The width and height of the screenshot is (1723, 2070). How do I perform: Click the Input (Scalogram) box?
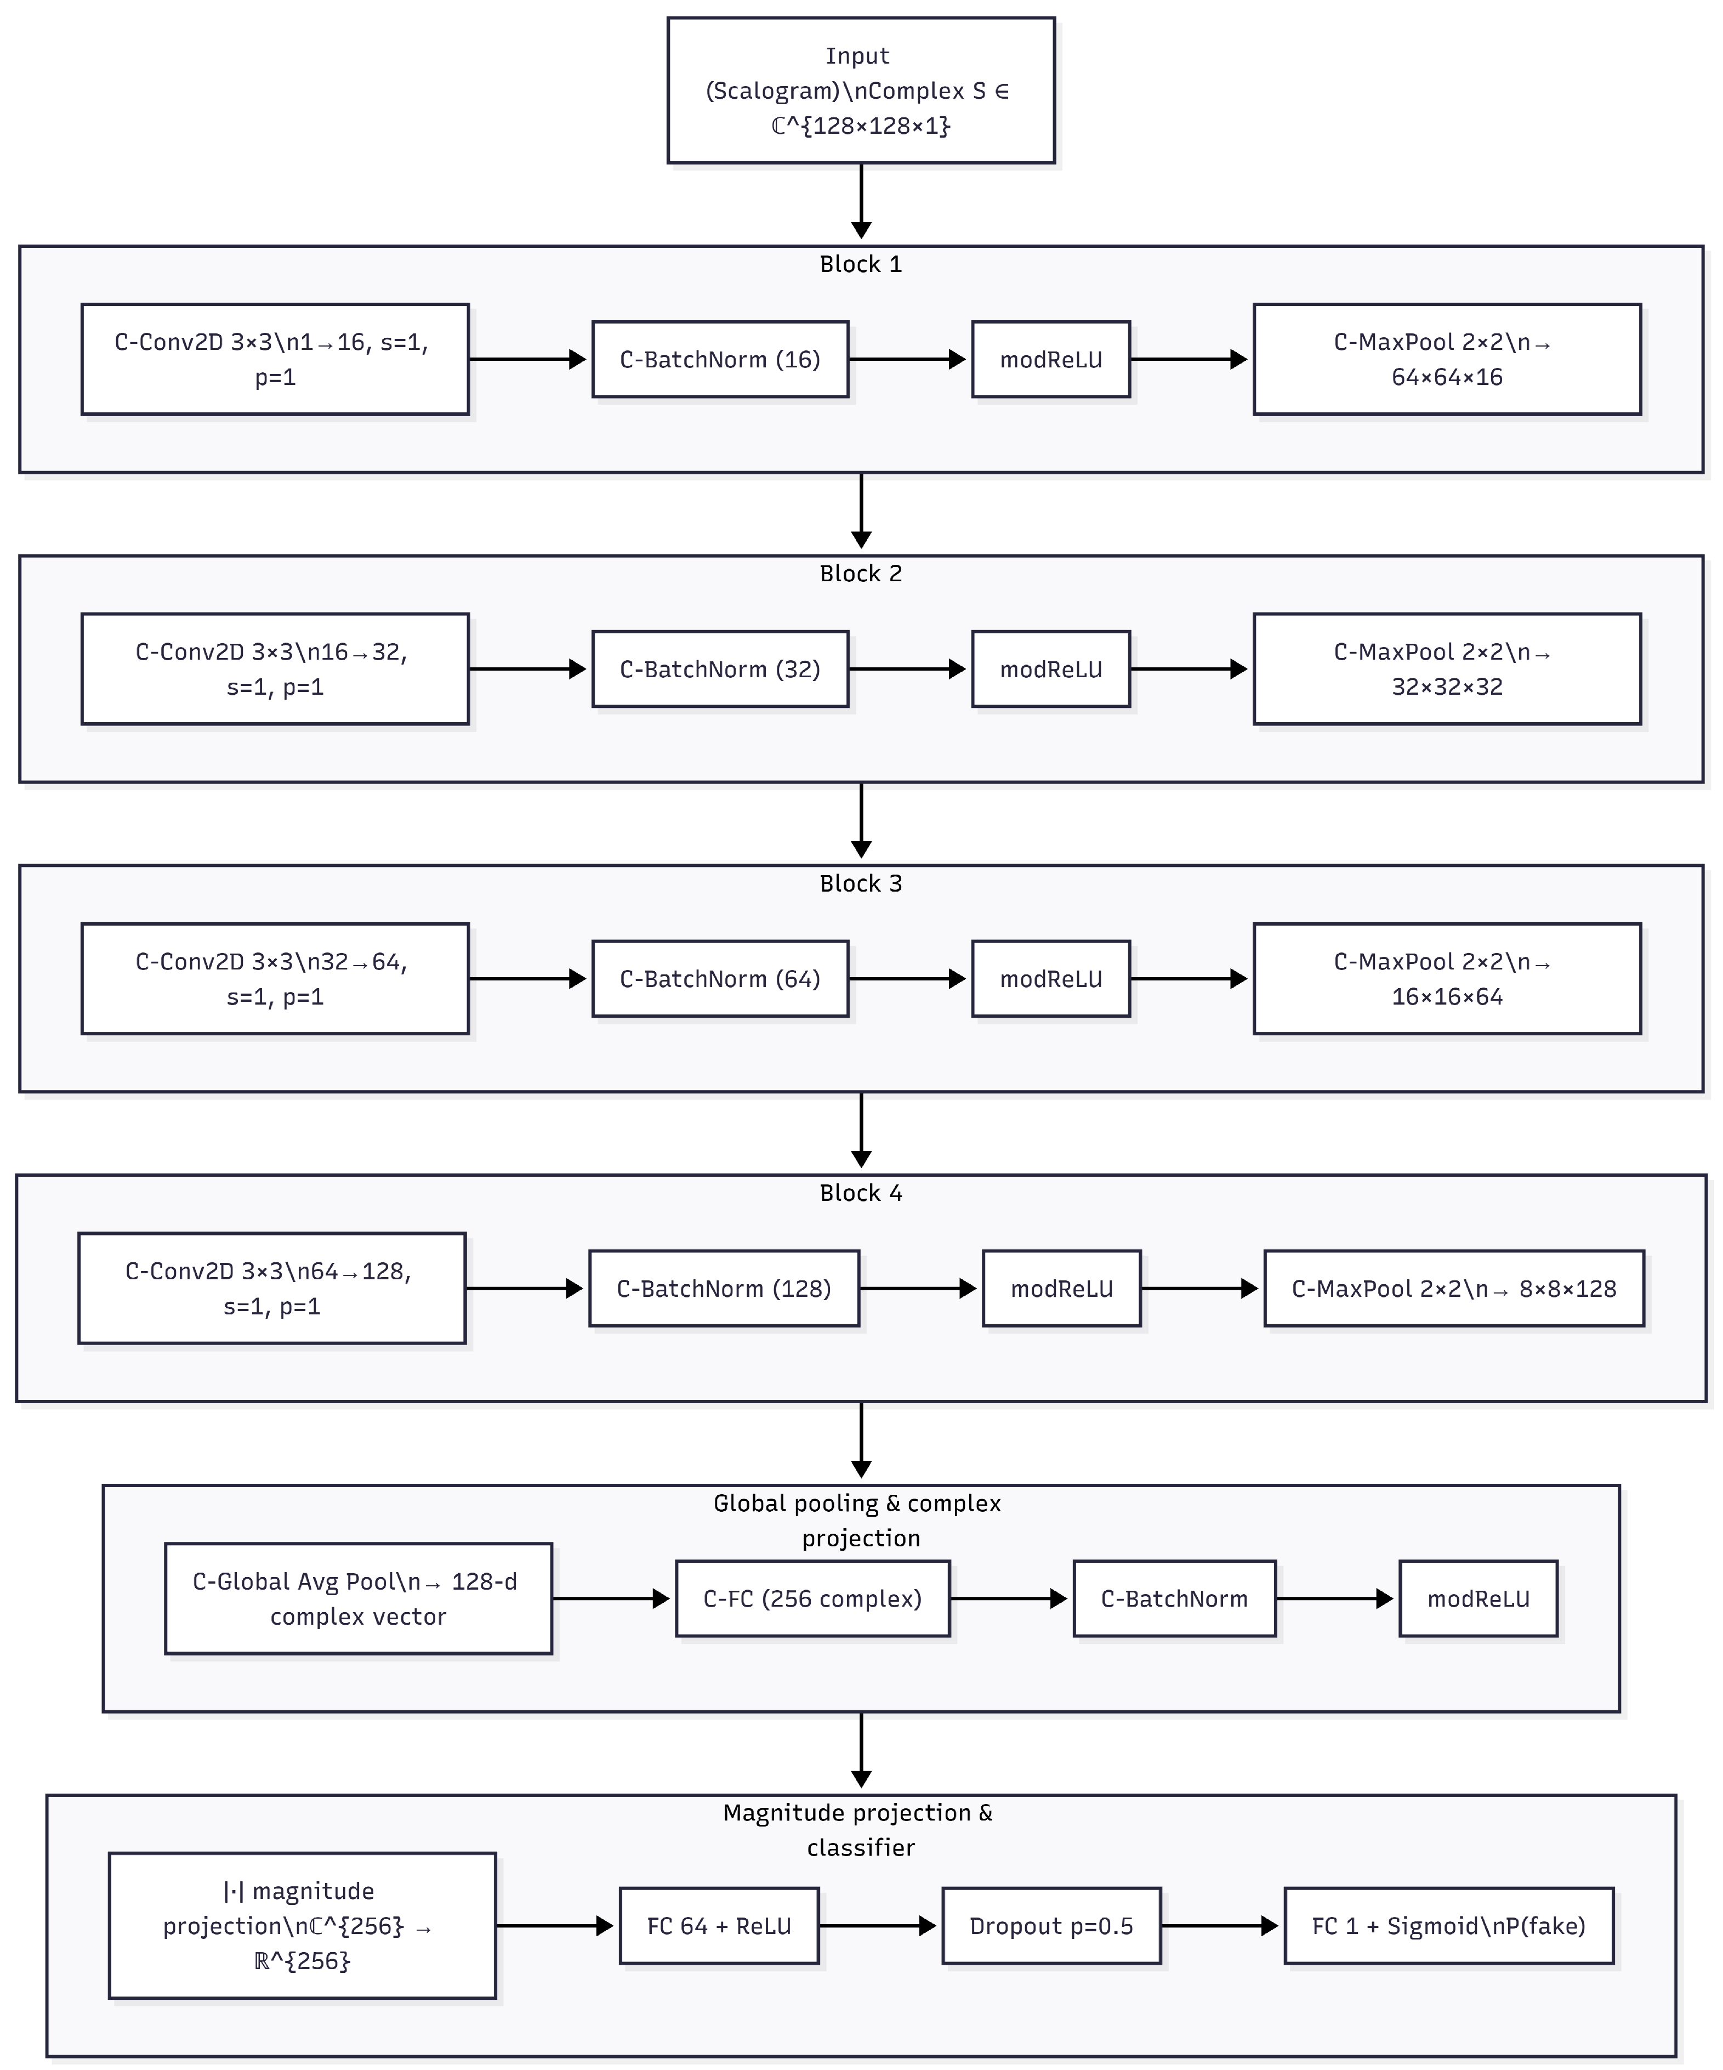point(861,90)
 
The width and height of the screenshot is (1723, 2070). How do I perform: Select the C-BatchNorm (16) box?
point(720,360)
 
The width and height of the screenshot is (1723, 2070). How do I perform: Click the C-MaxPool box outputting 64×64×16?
point(1446,360)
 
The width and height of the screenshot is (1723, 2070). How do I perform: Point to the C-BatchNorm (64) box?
point(720,979)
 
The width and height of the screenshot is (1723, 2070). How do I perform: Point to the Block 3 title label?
point(861,883)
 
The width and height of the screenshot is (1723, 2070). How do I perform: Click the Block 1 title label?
point(861,264)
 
